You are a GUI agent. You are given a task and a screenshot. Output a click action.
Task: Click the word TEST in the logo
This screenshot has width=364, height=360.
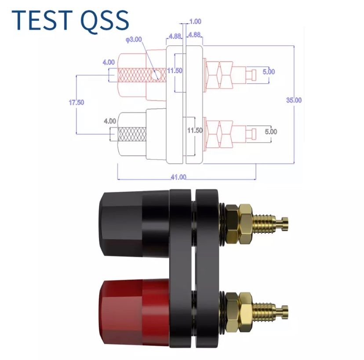tap(42, 20)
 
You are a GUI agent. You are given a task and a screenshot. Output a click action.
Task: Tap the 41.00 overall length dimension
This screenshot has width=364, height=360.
tap(178, 177)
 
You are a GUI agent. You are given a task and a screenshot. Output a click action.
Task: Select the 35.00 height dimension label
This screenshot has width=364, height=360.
tap(294, 100)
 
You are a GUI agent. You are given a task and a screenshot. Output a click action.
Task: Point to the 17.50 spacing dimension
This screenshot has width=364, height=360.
tap(76, 102)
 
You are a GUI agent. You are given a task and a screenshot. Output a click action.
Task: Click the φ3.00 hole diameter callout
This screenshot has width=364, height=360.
tap(134, 40)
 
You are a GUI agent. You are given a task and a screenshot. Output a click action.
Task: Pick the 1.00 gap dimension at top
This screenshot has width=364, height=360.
tap(195, 22)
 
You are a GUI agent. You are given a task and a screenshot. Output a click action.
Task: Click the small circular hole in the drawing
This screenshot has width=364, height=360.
tap(155, 75)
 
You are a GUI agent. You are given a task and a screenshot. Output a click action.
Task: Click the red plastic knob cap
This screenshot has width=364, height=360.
tap(134, 313)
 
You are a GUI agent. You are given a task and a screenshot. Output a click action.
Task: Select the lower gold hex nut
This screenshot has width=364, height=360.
tap(239, 312)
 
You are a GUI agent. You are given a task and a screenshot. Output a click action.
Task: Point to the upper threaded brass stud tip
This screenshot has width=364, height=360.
tap(284, 224)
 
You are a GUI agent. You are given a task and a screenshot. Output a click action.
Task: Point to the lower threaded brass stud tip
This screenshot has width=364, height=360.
tap(284, 312)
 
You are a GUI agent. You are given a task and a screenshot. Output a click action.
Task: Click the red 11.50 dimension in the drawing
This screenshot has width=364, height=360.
tap(175, 70)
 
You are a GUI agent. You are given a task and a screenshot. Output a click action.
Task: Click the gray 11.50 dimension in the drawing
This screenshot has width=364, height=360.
tap(195, 130)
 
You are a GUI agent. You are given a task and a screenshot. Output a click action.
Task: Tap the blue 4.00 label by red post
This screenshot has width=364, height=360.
tap(109, 62)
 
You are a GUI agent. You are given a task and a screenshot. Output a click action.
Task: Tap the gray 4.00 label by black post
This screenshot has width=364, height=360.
tap(110, 121)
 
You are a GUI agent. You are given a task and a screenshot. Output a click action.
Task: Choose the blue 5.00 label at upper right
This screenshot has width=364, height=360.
tap(269, 72)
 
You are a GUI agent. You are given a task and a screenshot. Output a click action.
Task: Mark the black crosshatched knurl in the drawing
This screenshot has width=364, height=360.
tap(132, 134)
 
